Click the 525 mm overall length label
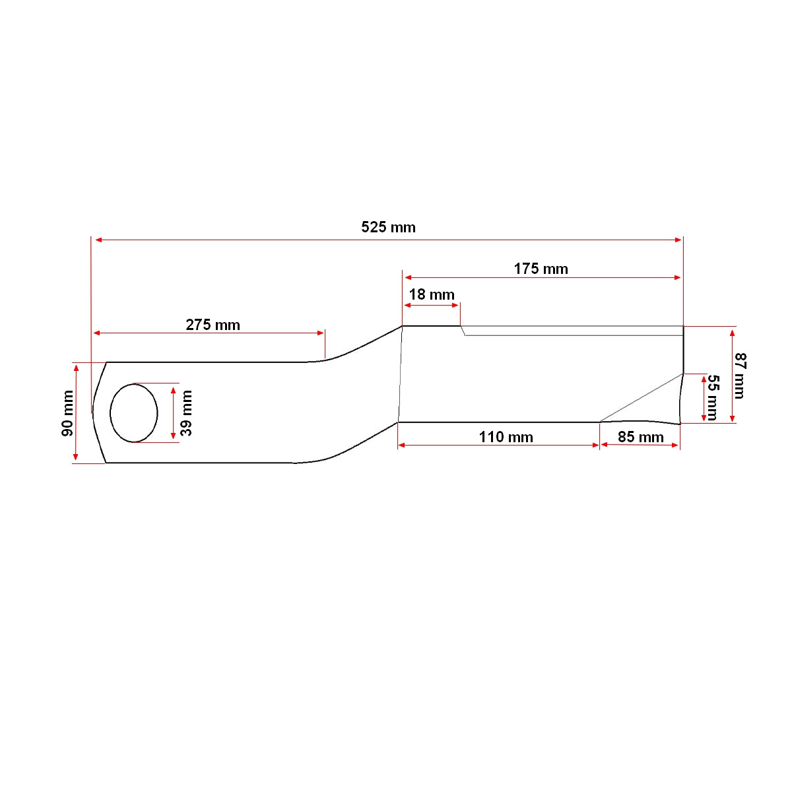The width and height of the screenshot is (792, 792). (x=388, y=228)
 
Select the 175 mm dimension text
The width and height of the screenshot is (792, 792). (x=541, y=269)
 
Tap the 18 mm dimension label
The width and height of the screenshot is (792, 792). (x=432, y=294)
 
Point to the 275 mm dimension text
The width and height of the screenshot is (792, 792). (x=213, y=325)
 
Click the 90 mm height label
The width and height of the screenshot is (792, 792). (x=67, y=413)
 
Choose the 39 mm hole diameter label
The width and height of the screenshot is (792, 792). (x=187, y=413)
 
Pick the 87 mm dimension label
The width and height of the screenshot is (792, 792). (x=739, y=376)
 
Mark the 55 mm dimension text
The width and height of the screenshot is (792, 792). (x=712, y=397)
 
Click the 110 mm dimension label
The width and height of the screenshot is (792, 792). (x=506, y=437)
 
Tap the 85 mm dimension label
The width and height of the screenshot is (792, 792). (x=640, y=437)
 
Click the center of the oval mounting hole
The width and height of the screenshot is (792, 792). (x=134, y=412)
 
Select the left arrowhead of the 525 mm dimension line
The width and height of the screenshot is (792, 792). (x=98, y=240)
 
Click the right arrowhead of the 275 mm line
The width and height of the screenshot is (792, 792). (x=321, y=333)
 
